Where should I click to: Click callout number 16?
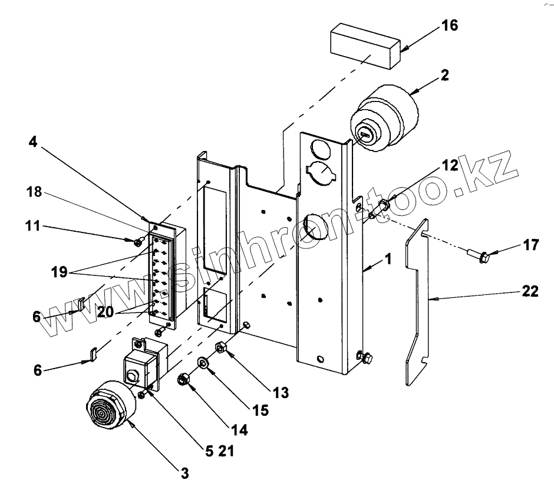point(450,25)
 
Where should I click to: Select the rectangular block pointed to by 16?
point(365,46)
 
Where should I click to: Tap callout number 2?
point(445,75)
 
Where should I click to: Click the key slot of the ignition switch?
point(364,134)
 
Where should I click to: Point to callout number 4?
point(32,142)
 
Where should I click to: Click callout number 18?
point(34,192)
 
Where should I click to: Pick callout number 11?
point(32,226)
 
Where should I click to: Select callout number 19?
point(59,272)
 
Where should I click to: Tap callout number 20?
point(105,312)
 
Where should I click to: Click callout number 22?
point(530,291)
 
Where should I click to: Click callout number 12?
point(450,165)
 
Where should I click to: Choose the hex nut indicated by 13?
point(220,348)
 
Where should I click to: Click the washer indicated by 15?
point(203,363)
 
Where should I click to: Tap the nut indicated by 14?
point(184,380)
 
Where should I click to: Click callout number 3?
point(185,473)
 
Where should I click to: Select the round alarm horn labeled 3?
point(110,405)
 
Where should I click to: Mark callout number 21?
point(226,451)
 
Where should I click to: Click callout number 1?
point(388,259)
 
